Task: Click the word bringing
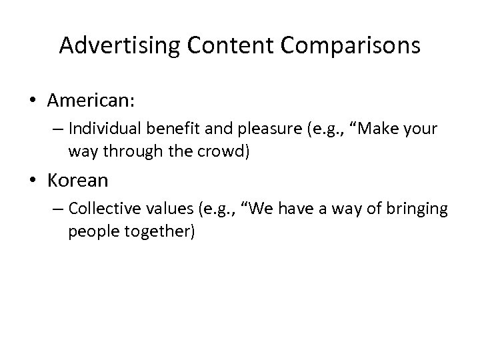[x=419, y=209]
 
